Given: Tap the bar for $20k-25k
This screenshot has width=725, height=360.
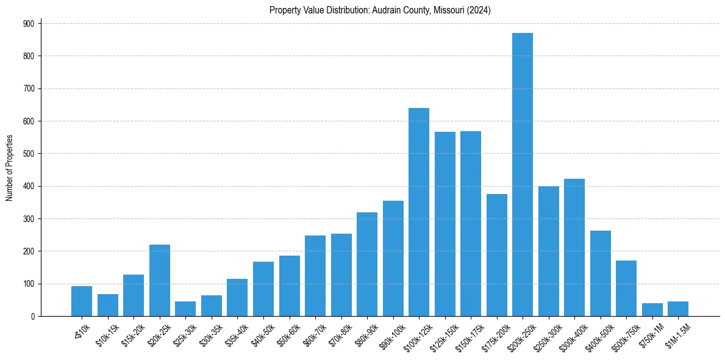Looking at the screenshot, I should [159, 281].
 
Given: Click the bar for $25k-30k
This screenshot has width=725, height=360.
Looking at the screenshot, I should [185, 309].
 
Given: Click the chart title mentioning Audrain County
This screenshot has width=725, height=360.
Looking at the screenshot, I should [380, 10].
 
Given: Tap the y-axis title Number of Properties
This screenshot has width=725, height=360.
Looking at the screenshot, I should [10, 168].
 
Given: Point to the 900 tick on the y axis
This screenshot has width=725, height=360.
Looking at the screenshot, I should [29, 23].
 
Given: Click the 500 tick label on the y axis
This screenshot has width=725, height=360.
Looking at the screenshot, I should [29, 154].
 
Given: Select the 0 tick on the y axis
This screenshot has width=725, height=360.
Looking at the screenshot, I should [32, 316].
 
